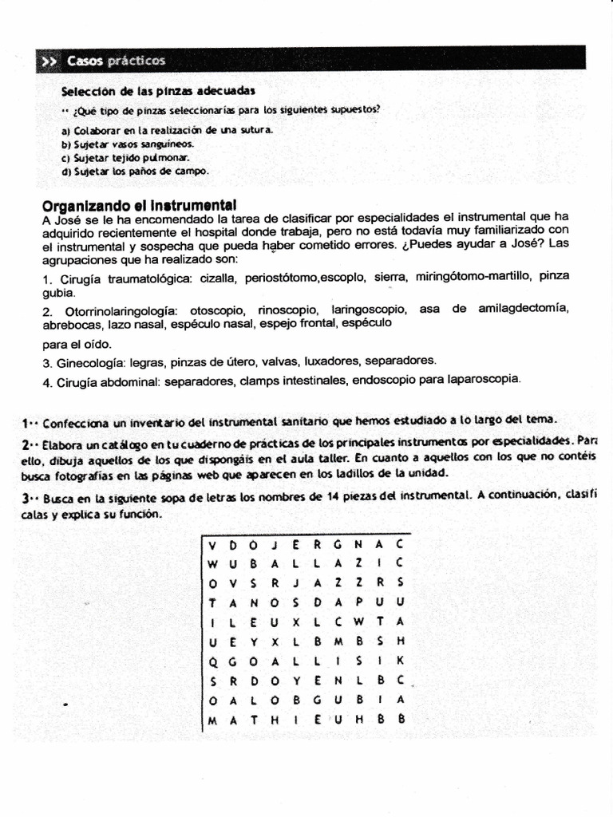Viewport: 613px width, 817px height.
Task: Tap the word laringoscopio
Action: tap(370, 310)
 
